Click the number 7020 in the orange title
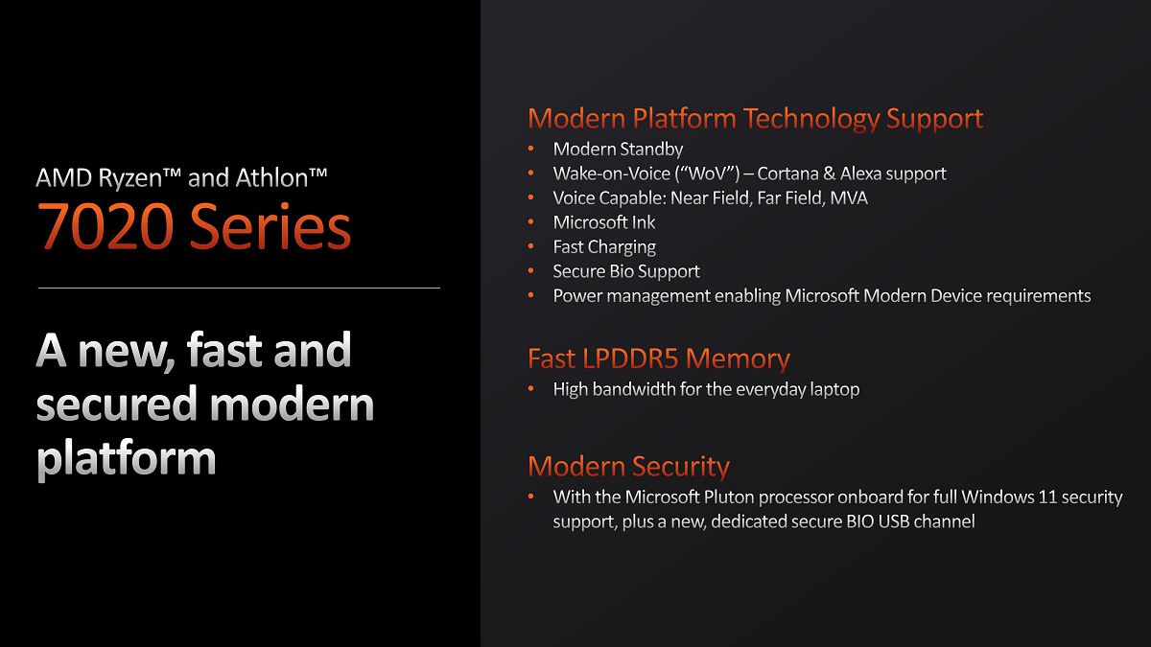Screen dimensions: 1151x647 pyautogui.click(x=106, y=226)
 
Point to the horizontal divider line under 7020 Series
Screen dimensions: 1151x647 pyautogui.click(x=239, y=289)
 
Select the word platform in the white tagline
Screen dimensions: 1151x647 pyautogui.click(x=127, y=458)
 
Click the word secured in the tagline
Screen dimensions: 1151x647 pyautogui.click(x=117, y=404)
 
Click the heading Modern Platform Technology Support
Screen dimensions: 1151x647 pyautogui.click(x=756, y=119)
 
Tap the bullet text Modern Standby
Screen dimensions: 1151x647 pyautogui.click(x=618, y=149)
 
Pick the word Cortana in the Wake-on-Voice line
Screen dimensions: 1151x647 pyautogui.click(x=787, y=173)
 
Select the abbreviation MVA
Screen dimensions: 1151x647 pyautogui.click(x=849, y=198)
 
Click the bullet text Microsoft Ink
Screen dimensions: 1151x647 pyautogui.click(x=603, y=222)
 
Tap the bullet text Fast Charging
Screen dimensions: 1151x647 pyautogui.click(x=604, y=247)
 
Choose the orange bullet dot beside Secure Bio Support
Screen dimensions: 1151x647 pyautogui.click(x=530, y=271)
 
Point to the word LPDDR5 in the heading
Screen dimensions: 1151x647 pyautogui.click(x=630, y=358)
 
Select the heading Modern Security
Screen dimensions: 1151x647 pyautogui.click(x=628, y=466)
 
